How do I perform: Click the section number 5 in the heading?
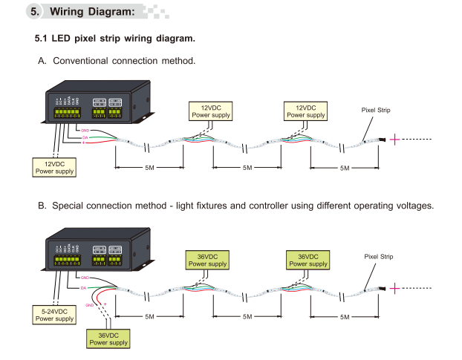pos(35,12)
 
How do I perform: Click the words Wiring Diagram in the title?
pos(93,12)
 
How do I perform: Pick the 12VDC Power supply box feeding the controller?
pos(54,166)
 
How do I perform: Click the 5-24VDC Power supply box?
pos(54,314)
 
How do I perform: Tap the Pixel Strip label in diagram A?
pos(375,110)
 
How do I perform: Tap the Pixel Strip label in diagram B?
pos(378,257)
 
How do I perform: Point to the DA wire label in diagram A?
pos(85,137)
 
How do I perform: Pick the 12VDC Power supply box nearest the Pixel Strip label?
pos(306,111)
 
